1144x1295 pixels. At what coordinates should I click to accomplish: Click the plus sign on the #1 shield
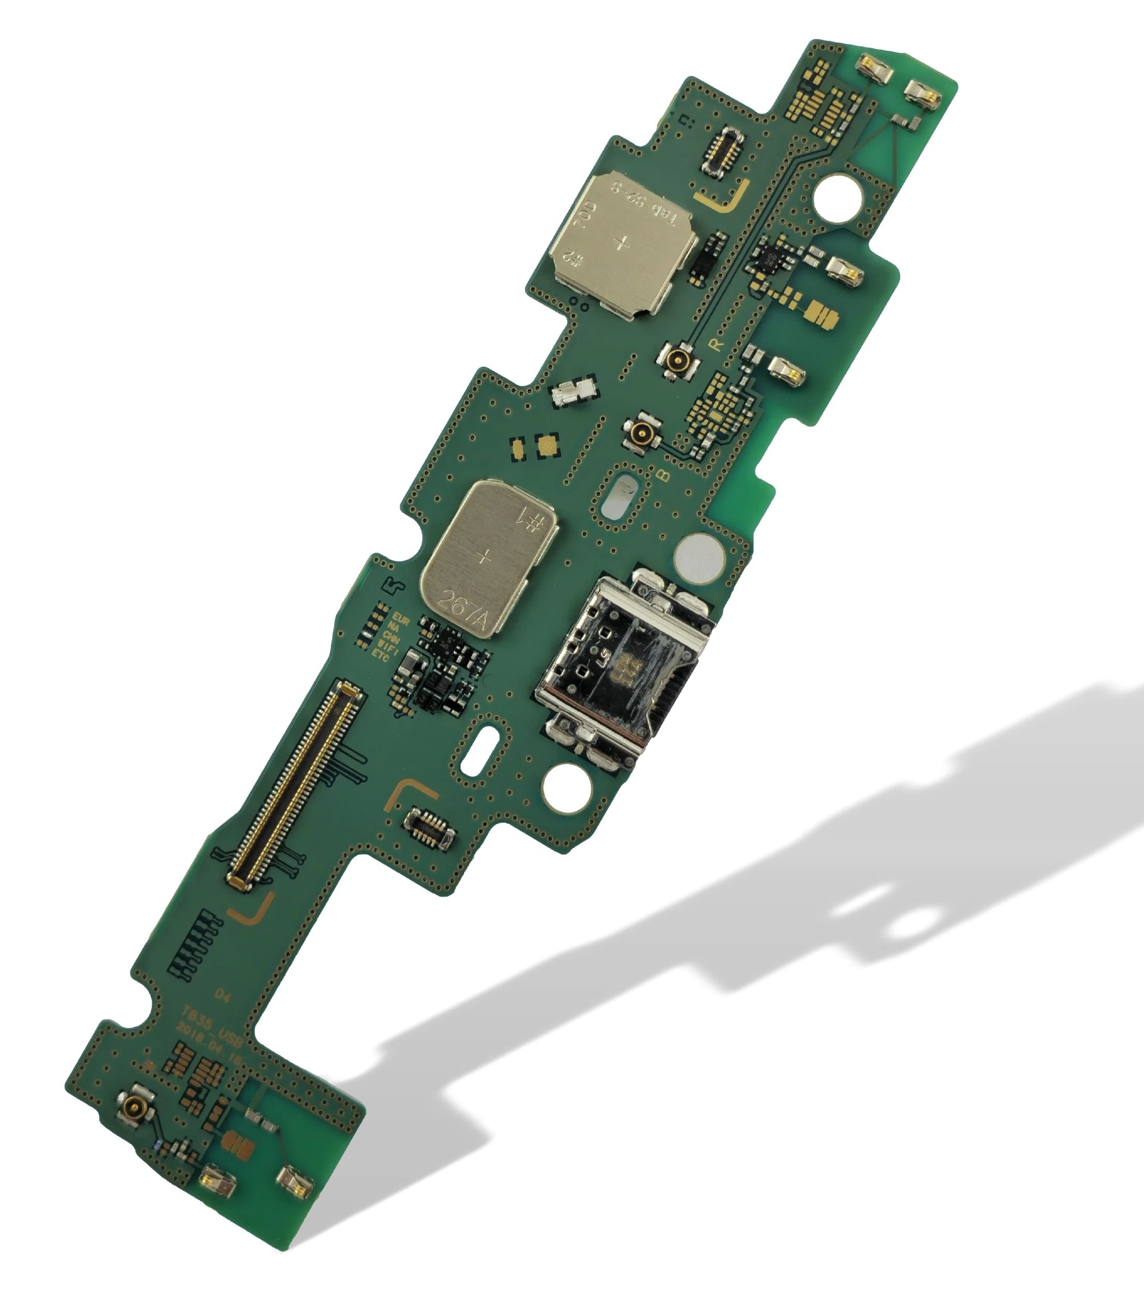[x=485, y=557]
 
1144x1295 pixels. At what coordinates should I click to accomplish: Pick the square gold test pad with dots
[x=547, y=445]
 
